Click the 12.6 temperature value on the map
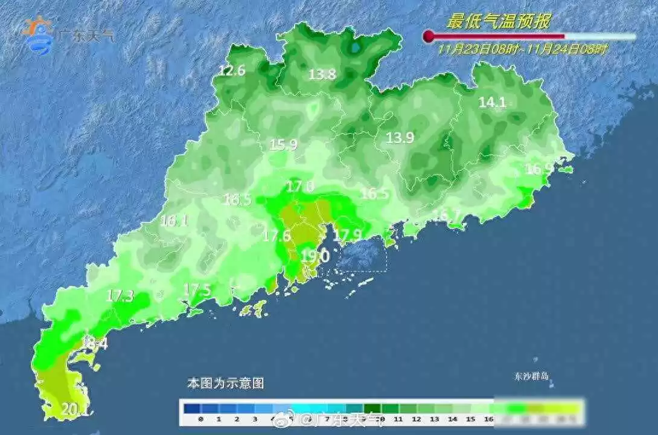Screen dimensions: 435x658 [x=232, y=71]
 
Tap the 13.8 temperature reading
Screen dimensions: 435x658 [x=322, y=75]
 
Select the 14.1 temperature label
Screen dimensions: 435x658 [x=492, y=102]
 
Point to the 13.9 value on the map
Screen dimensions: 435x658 [x=400, y=138]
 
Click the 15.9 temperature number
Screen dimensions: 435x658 [x=283, y=144]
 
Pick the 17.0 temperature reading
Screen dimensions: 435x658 [x=300, y=187]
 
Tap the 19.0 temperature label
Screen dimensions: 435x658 [x=315, y=256]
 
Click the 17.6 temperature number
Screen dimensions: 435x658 [x=276, y=235]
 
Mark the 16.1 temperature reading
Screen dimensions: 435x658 [x=174, y=221]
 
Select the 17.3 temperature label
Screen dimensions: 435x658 [x=120, y=296]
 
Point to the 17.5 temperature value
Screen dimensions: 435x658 [x=197, y=290]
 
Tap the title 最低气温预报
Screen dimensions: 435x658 [x=498, y=22]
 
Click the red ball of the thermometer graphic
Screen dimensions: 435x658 [x=429, y=37]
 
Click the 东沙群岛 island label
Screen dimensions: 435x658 [x=528, y=376]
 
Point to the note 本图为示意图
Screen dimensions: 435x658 [x=225, y=383]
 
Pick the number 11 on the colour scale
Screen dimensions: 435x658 [x=399, y=418]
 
